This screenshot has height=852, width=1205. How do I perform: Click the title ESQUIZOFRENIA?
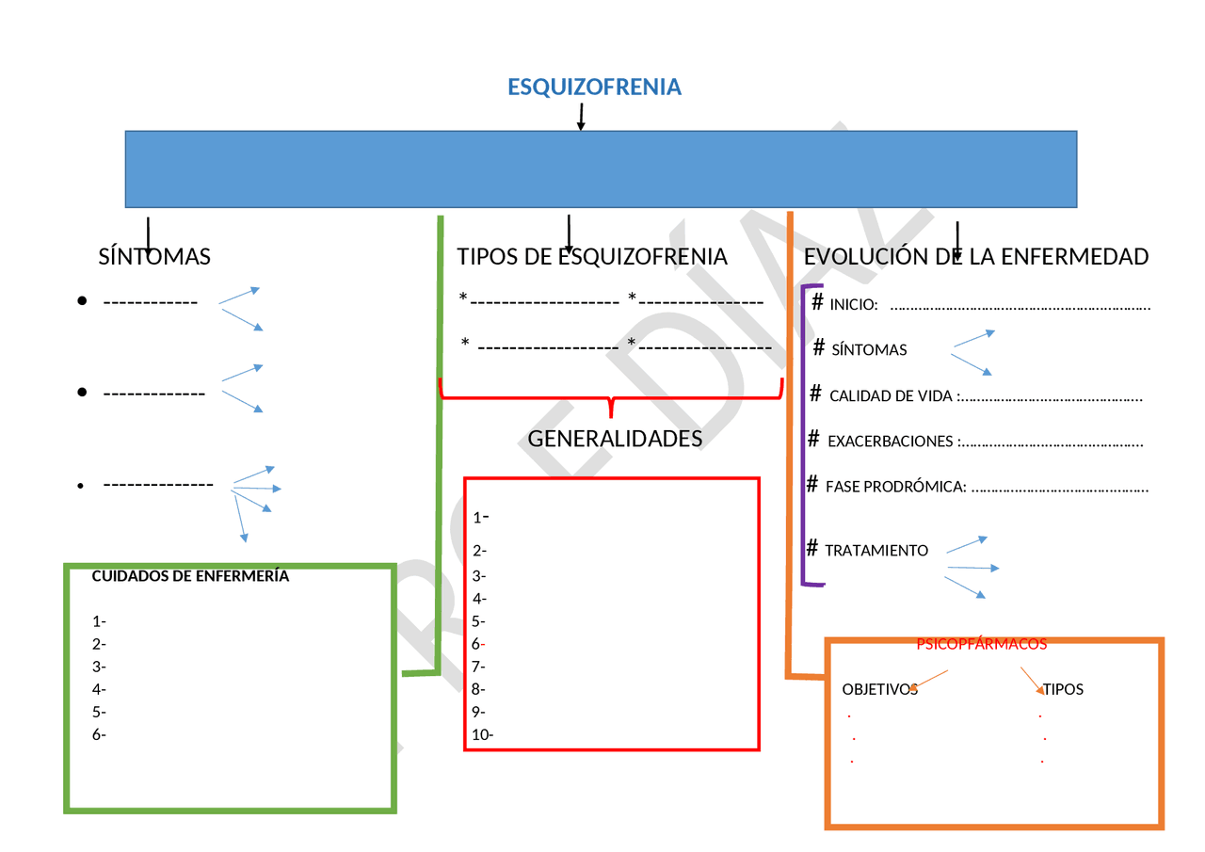click(594, 88)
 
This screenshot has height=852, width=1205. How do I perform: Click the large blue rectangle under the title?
click(601, 169)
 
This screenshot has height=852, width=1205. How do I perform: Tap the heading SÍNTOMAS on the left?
click(154, 257)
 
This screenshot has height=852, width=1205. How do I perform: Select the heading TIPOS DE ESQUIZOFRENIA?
click(592, 257)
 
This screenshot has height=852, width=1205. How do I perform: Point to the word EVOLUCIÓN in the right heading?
click(860, 257)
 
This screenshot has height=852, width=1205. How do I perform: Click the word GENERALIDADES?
click(615, 439)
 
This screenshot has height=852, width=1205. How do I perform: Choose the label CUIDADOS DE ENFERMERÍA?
click(190, 577)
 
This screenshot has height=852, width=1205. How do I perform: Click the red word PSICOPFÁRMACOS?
click(982, 645)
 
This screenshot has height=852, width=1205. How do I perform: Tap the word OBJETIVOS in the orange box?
click(879, 690)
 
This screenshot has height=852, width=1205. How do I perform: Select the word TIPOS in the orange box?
click(1063, 690)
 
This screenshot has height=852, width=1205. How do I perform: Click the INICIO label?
click(853, 305)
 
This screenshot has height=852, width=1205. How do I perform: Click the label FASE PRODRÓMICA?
click(895, 488)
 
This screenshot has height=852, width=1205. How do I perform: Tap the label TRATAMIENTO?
click(876, 551)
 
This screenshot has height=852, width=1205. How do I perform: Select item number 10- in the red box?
click(483, 735)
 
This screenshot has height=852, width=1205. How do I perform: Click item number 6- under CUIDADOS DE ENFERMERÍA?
click(99, 735)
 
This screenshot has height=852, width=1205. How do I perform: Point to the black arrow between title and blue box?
click(581, 118)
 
